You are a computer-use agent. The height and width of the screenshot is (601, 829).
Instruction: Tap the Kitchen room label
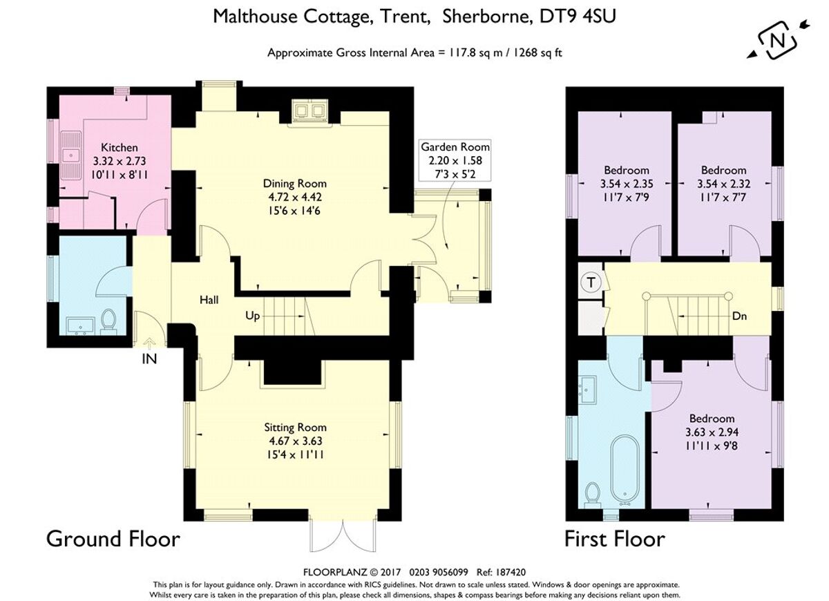click(120, 147)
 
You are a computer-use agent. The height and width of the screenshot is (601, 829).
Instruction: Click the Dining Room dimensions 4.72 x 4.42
click(294, 196)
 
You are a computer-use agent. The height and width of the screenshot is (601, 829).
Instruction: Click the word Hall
click(209, 300)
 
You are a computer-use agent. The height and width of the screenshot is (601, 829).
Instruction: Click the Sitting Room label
click(295, 428)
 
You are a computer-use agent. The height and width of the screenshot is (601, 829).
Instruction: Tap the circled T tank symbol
click(590, 282)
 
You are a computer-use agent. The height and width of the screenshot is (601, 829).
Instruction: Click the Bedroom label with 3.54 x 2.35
click(626, 170)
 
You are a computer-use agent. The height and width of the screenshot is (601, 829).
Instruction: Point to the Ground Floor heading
click(113, 538)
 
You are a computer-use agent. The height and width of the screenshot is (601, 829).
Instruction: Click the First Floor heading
click(615, 538)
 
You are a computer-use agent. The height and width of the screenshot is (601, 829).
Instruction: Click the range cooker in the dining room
click(309, 112)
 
